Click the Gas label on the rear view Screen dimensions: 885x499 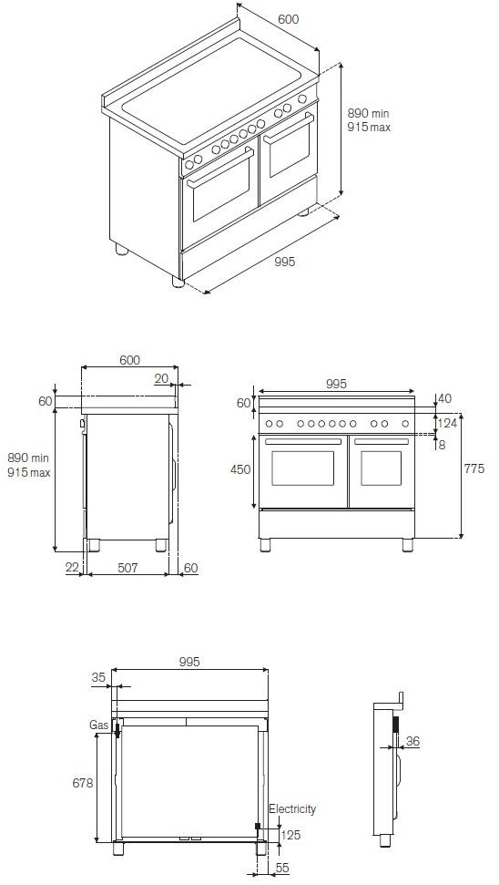tap(98, 725)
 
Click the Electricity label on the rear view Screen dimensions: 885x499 tap(292, 809)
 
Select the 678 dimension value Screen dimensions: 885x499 tap(82, 784)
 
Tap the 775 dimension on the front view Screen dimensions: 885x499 tap(474, 469)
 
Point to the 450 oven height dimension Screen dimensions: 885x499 tap(240, 469)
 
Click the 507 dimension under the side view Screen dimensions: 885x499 tap(127, 568)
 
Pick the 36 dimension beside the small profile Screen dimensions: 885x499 tap(412, 743)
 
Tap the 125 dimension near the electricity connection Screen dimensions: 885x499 tap(290, 835)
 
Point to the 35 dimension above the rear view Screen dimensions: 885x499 tap(99, 677)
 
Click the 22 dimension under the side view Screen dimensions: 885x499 tap(73, 568)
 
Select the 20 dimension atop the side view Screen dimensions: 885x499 tap(161, 378)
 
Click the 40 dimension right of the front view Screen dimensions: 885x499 tap(445, 398)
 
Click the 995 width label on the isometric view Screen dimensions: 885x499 tap(285, 262)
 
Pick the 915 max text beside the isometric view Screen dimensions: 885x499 tap(369, 128)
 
